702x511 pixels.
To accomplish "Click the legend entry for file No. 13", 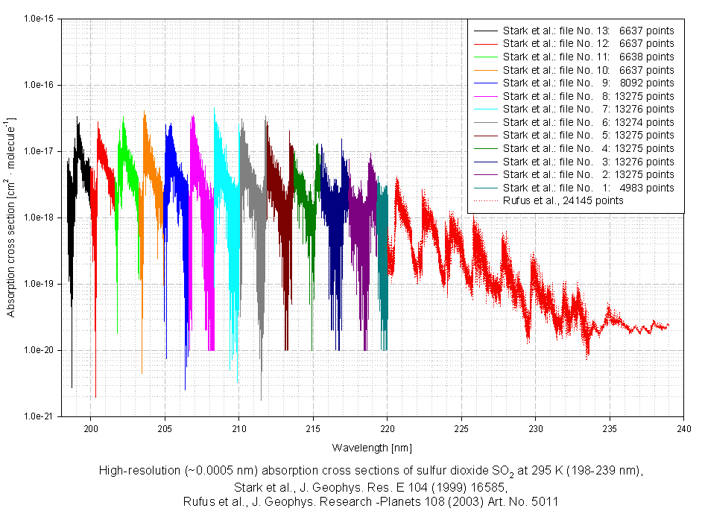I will pos(588,31).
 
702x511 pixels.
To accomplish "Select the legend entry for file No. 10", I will pos(588,69).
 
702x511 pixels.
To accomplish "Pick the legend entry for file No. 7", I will pos(588,109).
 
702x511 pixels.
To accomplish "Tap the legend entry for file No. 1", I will pos(588,187).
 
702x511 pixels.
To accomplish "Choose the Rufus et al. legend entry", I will pos(563,200).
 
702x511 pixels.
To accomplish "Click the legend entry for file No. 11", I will pos(588,57).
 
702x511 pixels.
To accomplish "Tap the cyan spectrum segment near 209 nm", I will pos(224,186).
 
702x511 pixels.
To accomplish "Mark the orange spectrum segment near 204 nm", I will pos(149,171).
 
